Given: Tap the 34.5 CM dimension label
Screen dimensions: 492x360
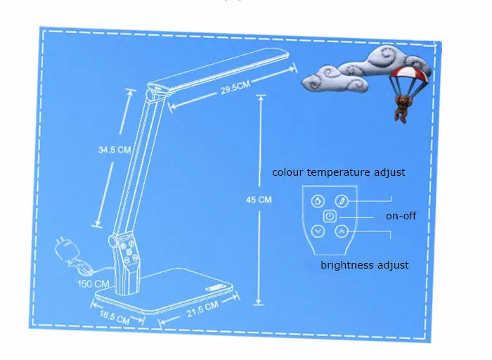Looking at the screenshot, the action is [115, 149].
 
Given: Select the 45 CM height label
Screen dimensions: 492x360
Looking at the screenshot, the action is [259, 200].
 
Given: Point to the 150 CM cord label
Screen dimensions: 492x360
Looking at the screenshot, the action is [93, 283].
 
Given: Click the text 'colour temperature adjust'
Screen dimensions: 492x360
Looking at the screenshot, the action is [338, 172].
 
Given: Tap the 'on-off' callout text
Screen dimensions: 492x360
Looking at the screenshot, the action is [401, 216].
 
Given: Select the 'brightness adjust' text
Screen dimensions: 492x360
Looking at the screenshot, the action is [364, 265].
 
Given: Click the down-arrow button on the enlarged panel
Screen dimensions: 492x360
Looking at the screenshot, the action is [318, 231].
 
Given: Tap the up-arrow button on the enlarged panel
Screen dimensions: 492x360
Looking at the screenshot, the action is [342, 231].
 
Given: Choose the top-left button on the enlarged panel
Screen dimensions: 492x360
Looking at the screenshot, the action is [318, 200].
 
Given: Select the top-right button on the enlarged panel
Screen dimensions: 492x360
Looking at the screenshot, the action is [342, 200].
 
